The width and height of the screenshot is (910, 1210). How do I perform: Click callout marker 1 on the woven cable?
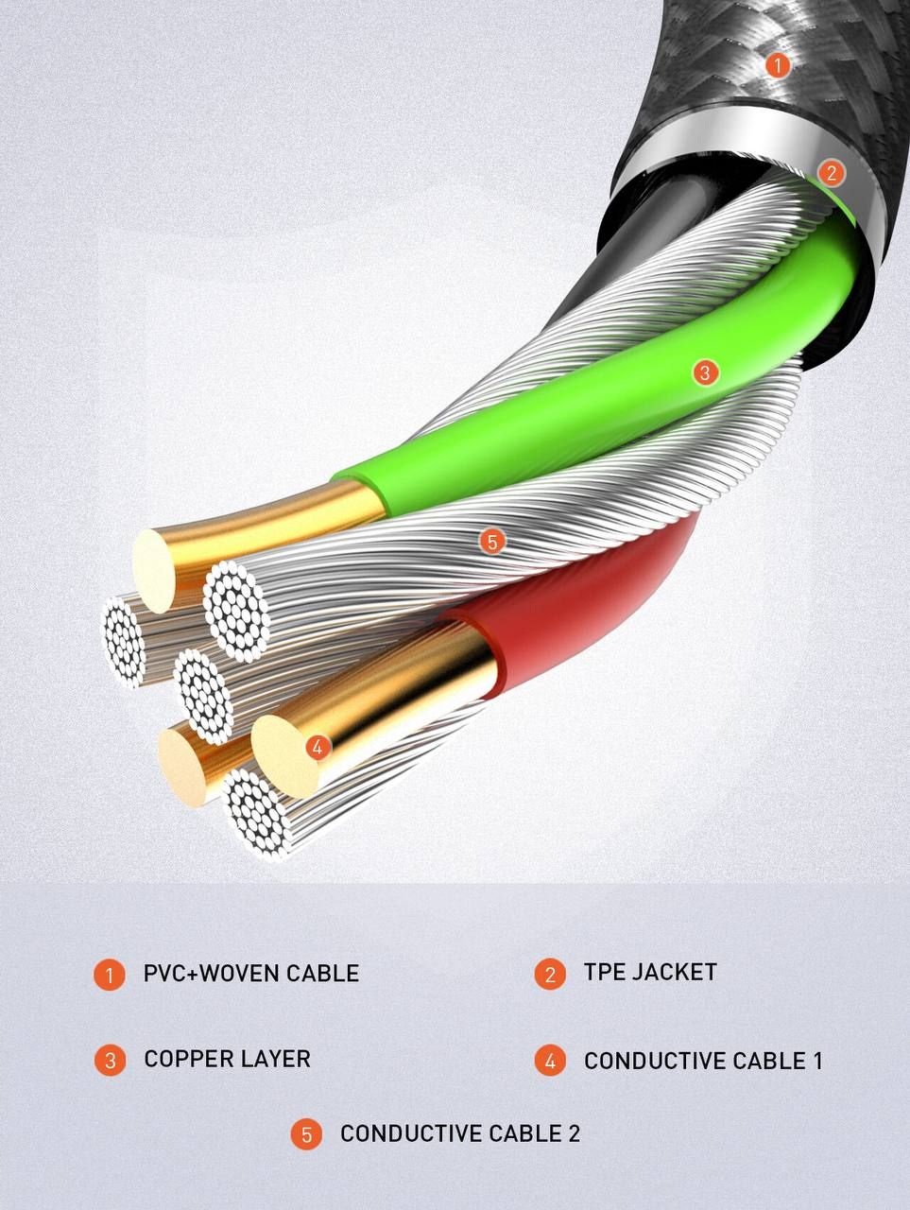click(778, 65)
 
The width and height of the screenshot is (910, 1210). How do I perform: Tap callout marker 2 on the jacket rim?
click(831, 173)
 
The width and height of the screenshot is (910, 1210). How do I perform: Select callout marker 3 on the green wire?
click(706, 372)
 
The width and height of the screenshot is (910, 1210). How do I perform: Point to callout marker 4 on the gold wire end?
click(318, 748)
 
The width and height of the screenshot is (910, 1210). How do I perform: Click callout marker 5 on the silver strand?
click(492, 542)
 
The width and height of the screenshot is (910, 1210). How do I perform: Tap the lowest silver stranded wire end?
click(257, 814)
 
